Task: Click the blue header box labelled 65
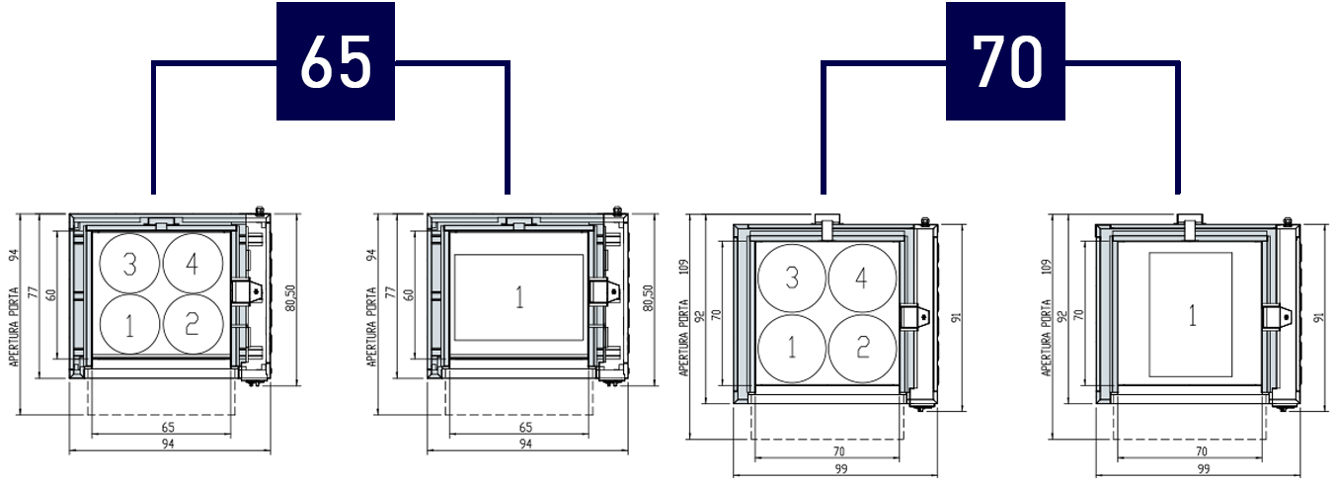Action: click(x=335, y=61)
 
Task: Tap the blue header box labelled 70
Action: click(x=1005, y=61)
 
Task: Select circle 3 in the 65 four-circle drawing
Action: click(x=130, y=263)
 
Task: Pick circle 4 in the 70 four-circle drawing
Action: click(x=862, y=278)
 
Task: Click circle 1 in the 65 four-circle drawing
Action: click(x=130, y=324)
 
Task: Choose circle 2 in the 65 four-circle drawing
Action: click(x=193, y=324)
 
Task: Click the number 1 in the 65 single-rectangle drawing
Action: click(x=519, y=297)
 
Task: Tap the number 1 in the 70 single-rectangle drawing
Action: click(x=1192, y=315)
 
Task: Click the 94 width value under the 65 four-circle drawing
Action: click(x=168, y=444)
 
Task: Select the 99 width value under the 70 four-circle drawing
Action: click(x=841, y=469)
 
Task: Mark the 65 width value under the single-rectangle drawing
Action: click(x=525, y=427)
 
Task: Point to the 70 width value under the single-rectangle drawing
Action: click(x=1201, y=451)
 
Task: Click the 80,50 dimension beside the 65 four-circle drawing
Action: click(x=290, y=297)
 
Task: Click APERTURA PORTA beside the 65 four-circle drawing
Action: click(x=14, y=327)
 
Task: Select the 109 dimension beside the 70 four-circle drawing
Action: click(x=684, y=266)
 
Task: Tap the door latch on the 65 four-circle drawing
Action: click(x=248, y=292)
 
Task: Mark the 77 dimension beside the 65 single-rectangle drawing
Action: click(x=391, y=292)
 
